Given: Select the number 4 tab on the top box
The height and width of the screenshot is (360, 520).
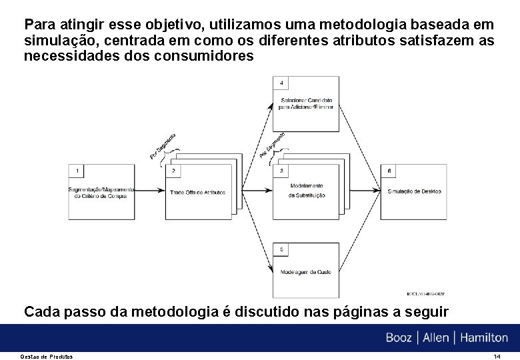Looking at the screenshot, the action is [x=282, y=83].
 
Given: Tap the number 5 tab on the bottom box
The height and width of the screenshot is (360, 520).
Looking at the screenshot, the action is [x=282, y=249].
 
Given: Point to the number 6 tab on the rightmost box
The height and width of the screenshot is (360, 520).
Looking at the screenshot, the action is [x=389, y=171].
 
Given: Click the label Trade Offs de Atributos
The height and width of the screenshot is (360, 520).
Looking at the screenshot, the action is [x=197, y=193].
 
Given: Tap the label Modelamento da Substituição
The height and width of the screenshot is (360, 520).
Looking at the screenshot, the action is [x=307, y=190].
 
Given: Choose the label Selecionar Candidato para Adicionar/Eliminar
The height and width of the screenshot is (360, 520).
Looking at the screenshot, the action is [x=306, y=103].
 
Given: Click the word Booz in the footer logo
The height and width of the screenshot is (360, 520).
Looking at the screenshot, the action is [x=399, y=337].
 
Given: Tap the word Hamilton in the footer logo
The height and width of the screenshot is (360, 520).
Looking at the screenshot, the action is [x=481, y=337].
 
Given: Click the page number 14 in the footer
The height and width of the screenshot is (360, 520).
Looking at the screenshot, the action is [x=497, y=356].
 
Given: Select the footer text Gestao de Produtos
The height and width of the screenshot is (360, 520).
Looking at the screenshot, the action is [x=49, y=356].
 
